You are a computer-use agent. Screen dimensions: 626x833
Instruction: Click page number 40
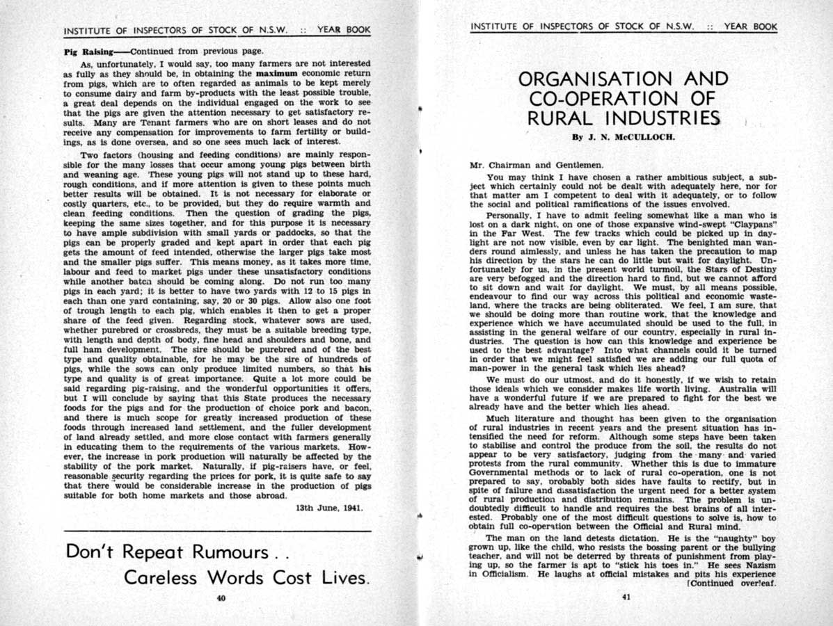pyautogui.click(x=221, y=598)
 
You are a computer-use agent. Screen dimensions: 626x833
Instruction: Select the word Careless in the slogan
pyautogui.click(x=161, y=578)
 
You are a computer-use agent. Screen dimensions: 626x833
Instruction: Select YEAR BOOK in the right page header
pyautogui.click(x=750, y=27)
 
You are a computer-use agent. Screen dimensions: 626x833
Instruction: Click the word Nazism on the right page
pyautogui.click(x=759, y=565)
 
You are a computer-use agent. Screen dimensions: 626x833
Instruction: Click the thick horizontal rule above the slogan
pyautogui.click(x=216, y=531)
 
